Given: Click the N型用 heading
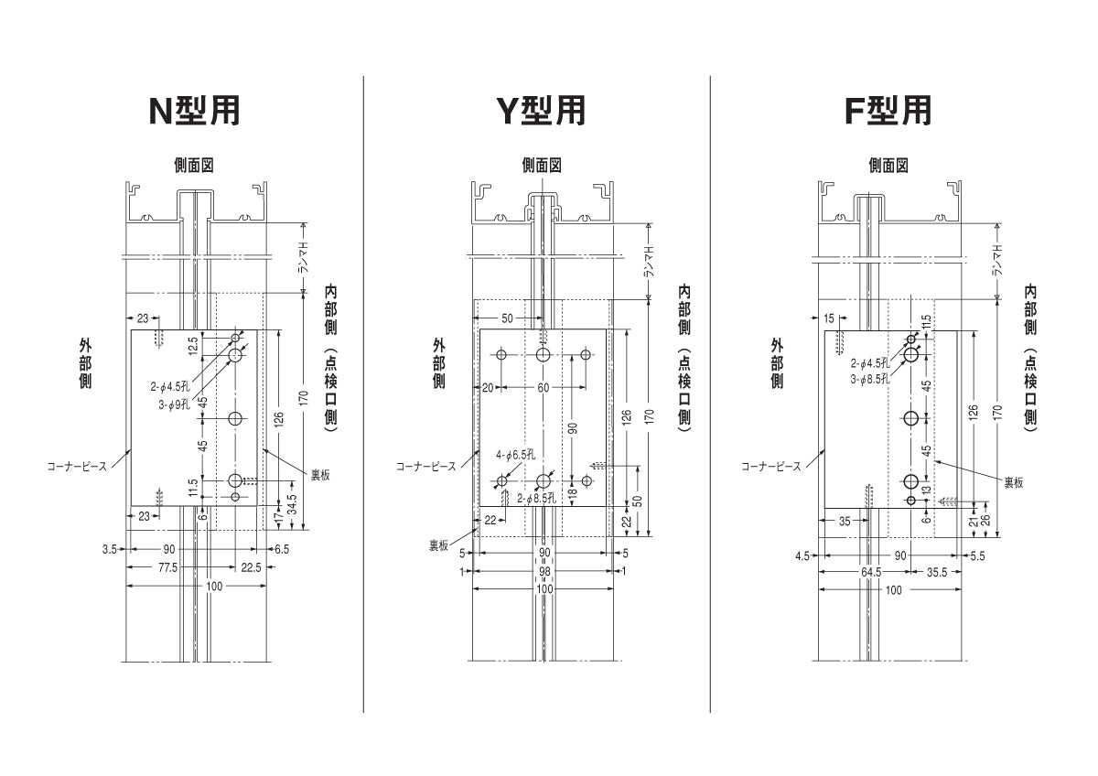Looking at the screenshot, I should point(195,111).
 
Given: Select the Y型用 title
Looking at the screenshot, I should point(541,111).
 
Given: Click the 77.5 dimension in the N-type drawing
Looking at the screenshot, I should point(167,567).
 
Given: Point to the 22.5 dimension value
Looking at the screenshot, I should point(250,567).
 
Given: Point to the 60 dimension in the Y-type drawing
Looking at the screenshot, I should point(544,388).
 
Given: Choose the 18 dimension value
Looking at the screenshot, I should point(572,493).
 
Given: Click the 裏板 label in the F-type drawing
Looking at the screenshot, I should point(1014,482).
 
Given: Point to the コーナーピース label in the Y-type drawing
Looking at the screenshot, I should point(425,467).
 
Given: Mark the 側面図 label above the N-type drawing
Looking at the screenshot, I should point(195,166).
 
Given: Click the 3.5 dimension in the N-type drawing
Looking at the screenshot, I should point(110,549).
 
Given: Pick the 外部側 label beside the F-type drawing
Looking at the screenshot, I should point(778,361).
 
